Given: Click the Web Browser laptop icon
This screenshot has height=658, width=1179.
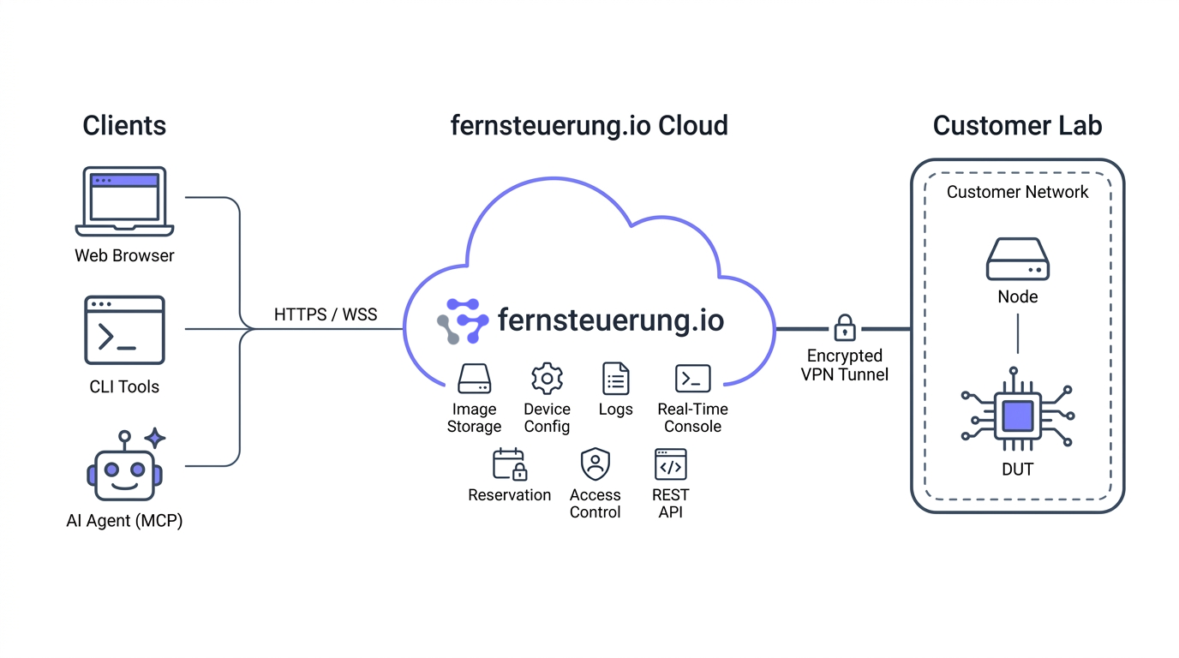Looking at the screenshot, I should [124, 201].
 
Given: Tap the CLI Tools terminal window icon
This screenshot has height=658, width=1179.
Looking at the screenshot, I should [124, 331].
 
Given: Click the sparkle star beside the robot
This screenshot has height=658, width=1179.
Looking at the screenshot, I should [155, 438].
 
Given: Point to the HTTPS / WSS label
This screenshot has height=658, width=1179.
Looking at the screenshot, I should [326, 314].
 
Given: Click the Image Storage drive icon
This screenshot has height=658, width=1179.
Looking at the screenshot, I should [474, 379].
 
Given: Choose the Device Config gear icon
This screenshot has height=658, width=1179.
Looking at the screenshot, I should [547, 379].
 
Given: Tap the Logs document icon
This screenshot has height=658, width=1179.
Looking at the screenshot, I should [615, 379].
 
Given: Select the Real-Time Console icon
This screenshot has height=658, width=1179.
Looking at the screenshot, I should [692, 379].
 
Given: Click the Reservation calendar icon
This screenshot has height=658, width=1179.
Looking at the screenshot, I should [509, 464].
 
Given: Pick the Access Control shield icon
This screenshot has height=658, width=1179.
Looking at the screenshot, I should [595, 464].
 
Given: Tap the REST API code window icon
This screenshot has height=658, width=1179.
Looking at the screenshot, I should [670, 464].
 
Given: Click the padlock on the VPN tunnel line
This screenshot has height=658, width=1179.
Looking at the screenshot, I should [845, 327].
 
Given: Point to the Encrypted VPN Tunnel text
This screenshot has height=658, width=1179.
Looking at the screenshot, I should [845, 365].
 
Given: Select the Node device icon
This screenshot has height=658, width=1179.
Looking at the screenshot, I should [1017, 259].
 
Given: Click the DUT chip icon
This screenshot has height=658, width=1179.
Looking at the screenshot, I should [1017, 416].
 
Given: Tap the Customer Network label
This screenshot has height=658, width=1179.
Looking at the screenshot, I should [1017, 192].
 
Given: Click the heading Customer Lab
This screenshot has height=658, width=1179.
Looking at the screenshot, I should [1017, 126].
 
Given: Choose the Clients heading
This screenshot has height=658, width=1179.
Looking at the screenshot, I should [124, 126].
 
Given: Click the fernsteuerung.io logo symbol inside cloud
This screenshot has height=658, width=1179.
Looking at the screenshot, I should [463, 321].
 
